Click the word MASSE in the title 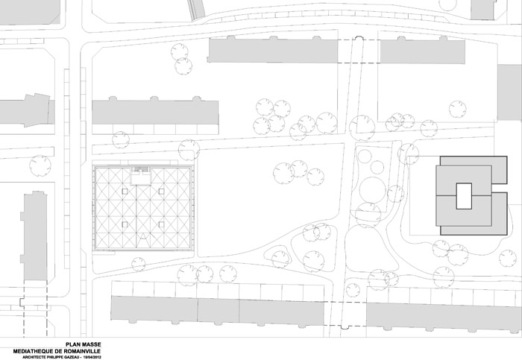pos(90,344)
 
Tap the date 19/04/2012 pos(93,357)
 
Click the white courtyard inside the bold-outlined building pos(464,196)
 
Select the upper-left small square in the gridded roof pos(125,192)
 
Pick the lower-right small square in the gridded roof pos(162,224)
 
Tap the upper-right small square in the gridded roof pos(162,192)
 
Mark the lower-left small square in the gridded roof pos(125,224)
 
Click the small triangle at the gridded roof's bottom pos(143,236)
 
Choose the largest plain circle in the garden pos(373,189)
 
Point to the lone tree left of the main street pos(40,165)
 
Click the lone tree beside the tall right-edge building pos(458,110)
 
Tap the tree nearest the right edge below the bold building pos(508,259)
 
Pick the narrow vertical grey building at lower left pos(34,236)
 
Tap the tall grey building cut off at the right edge pos(509,92)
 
